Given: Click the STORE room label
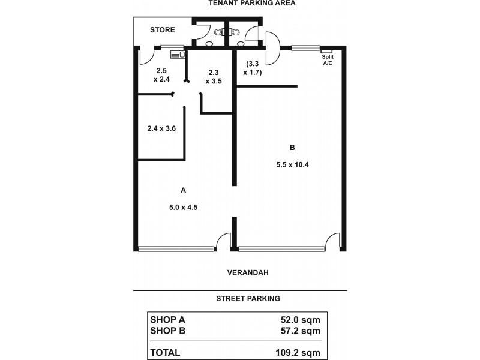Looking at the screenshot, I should point(162,29).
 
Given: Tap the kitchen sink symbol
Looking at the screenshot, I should point(178,55).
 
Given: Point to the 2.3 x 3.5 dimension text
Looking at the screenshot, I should point(214,76).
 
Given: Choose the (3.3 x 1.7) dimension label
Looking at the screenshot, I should point(252,67).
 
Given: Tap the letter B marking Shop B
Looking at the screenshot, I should point(292,147).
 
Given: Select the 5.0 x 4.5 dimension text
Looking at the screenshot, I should point(183,207).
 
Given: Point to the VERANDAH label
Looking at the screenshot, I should point(247,272).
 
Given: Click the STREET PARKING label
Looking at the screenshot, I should point(248,298).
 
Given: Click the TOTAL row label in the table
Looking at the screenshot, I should point(165,352).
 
